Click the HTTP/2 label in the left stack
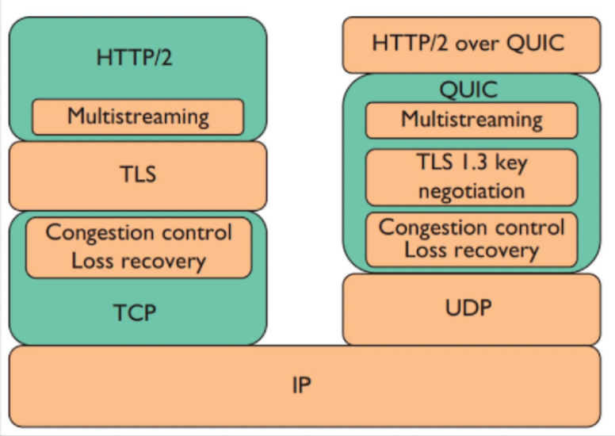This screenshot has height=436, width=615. pyautogui.click(x=134, y=57)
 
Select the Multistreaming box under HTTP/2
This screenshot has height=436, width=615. pyautogui.click(x=138, y=117)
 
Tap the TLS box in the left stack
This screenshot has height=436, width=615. pyautogui.click(x=138, y=176)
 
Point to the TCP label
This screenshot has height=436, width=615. pyautogui.click(x=135, y=312)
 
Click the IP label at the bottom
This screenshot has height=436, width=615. pyautogui.click(x=302, y=385)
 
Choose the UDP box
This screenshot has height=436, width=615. pyautogui.click(x=472, y=309)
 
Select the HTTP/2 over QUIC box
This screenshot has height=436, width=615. pyautogui.click(x=472, y=44)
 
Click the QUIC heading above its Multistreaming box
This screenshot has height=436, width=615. pyautogui.click(x=468, y=90)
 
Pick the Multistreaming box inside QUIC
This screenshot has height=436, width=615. pyautogui.click(x=472, y=120)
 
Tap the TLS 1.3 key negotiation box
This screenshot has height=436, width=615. pyautogui.click(x=472, y=178)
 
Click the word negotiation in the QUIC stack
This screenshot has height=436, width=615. pyautogui.click(x=472, y=191)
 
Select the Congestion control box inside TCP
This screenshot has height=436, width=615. pyautogui.click(x=139, y=247)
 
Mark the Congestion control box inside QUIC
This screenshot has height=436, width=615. pyautogui.click(x=472, y=239)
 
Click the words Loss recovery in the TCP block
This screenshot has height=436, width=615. pyautogui.click(x=139, y=261)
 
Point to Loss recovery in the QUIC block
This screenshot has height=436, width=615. pyautogui.click(x=472, y=250)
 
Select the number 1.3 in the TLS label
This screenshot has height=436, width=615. pyautogui.click(x=473, y=161)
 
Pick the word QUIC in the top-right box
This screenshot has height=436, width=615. pyautogui.click(x=536, y=43)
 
